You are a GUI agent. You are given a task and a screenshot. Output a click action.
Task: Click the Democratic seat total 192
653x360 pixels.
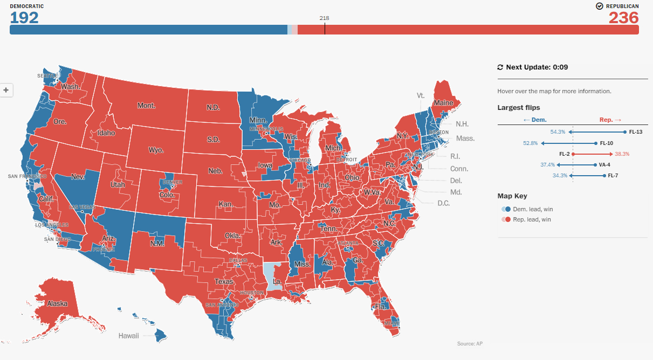pyautogui.click(x=24, y=18)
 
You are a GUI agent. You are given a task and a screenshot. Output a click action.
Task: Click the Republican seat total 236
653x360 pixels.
pyautogui.click(x=623, y=18)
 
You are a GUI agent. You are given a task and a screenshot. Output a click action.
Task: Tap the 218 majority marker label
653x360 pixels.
pyautogui.click(x=324, y=18)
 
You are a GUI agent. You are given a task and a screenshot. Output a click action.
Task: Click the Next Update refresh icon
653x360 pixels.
pyautogui.click(x=500, y=67)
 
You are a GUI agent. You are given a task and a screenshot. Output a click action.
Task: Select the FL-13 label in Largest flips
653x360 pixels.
pyautogui.click(x=636, y=131)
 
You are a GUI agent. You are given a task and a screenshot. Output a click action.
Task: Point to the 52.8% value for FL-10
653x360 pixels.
pyautogui.click(x=531, y=143)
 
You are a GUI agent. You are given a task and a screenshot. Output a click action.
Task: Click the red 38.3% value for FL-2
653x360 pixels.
pyautogui.click(x=622, y=154)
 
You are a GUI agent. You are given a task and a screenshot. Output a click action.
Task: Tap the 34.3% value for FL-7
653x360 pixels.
pyautogui.click(x=560, y=176)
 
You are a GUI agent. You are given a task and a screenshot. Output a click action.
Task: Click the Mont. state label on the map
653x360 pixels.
pyautogui.click(x=146, y=106)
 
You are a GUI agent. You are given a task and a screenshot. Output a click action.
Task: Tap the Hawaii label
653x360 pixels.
pyautogui.click(x=129, y=336)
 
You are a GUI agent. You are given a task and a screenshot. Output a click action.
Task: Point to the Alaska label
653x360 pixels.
pyautogui.click(x=57, y=303)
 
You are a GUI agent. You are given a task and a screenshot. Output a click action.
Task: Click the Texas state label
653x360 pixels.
pyautogui.click(x=224, y=281)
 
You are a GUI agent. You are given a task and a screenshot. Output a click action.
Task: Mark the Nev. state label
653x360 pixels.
pyautogui.click(x=78, y=176)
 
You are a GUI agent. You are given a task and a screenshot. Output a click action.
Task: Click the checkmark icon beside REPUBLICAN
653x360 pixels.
pyautogui.click(x=599, y=6)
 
